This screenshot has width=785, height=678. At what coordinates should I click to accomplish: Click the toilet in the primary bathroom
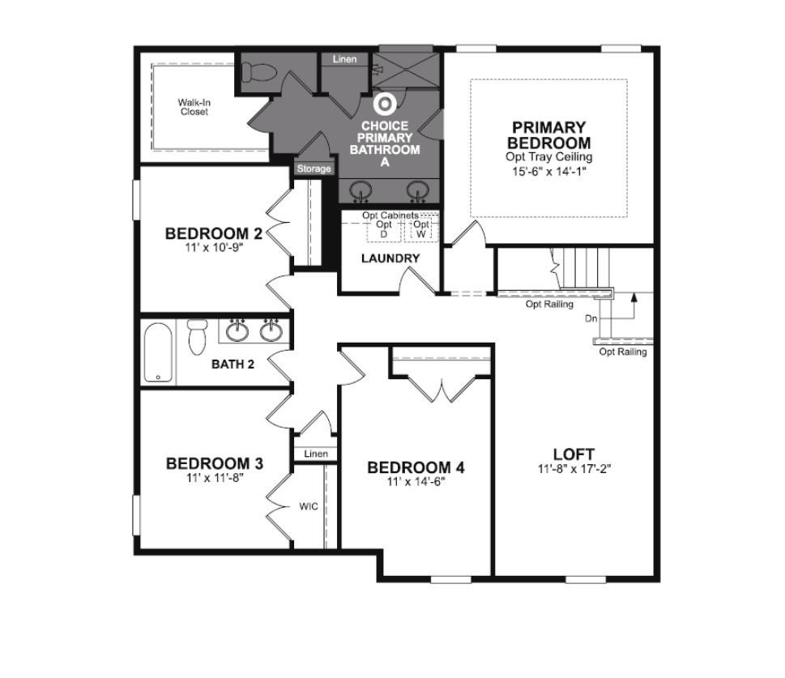click(258, 73)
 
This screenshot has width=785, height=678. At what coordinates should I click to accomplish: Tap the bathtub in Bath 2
click(158, 352)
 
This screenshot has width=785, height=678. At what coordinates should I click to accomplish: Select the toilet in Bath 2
click(197, 336)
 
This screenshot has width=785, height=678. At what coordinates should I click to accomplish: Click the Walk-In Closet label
click(194, 107)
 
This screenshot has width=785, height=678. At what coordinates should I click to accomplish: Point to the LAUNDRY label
click(390, 258)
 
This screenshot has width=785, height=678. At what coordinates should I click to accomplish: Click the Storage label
click(314, 168)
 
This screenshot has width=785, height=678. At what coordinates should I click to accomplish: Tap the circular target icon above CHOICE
click(385, 104)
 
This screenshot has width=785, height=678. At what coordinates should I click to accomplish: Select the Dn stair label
click(591, 318)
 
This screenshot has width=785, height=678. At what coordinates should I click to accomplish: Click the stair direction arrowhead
click(634, 297)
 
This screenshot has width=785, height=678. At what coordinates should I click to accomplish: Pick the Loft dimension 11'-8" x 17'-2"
click(574, 469)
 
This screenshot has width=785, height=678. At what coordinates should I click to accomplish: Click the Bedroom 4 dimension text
click(416, 482)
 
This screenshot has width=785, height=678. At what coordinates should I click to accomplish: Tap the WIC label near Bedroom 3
click(309, 506)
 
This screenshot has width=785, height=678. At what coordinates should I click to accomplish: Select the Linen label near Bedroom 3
click(316, 454)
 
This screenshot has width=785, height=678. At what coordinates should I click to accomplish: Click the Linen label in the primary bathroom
click(345, 59)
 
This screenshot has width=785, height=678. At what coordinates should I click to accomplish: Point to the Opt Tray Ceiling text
click(548, 156)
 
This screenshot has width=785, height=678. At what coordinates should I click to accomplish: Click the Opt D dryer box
click(384, 230)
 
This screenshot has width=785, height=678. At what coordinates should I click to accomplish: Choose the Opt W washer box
click(421, 229)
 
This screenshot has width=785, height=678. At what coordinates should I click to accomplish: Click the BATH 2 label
click(233, 364)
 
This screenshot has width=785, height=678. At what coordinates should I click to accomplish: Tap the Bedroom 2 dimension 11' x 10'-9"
click(214, 247)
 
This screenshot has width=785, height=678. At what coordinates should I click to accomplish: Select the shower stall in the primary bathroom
click(406, 70)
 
